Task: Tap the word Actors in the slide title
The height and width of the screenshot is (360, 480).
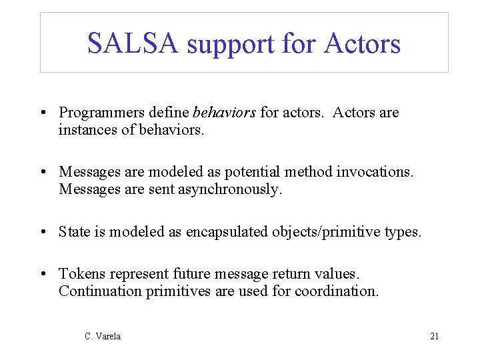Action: coord(362,44)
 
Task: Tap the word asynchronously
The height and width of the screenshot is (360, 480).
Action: coord(226,189)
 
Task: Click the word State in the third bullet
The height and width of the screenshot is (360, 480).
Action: coord(73,231)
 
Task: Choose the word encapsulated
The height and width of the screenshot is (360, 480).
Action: coord(227,231)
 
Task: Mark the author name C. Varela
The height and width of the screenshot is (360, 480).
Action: coord(103,337)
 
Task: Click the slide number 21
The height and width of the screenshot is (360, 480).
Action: coord(434,337)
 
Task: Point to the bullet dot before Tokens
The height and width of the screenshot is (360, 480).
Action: coord(43,275)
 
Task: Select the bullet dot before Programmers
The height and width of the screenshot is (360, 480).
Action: coord(43,113)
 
